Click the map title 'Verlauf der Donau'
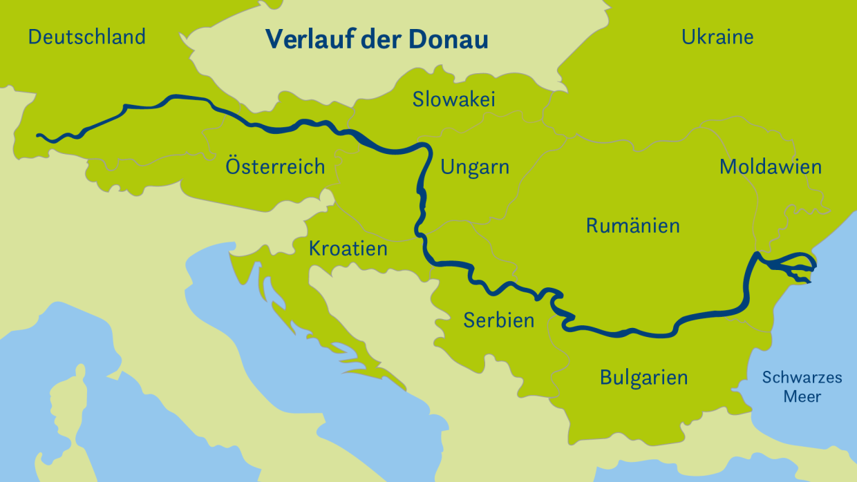pos(377,39)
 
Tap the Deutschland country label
pos(86,37)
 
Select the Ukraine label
pos(717,37)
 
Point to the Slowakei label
pos(454,99)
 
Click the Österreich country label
pos(275,166)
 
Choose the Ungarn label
pos(475,167)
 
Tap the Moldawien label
pos(770,167)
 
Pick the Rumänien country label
pos(632,226)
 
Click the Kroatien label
pos(348,248)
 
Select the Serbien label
pos(498,320)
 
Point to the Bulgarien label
pos(643,378)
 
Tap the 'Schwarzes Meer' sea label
pos(802,387)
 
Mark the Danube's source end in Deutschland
pos(39,136)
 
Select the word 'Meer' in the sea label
pos(802,397)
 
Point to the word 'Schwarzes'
pos(802,378)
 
